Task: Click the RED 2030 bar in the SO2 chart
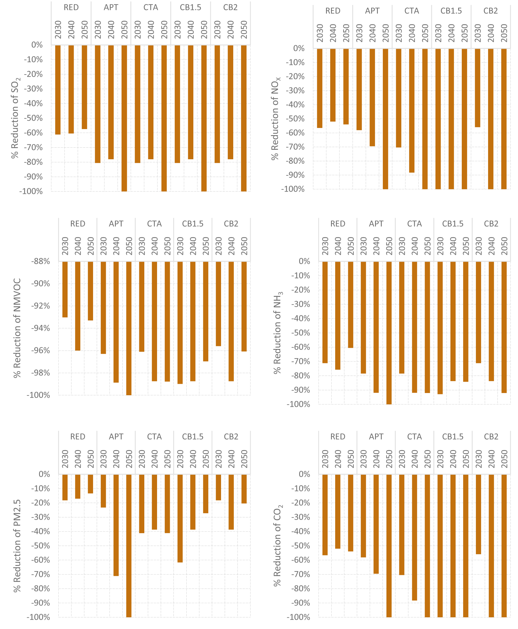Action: point(58,89)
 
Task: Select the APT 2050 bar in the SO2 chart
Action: point(124,118)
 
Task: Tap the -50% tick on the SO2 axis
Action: point(33,118)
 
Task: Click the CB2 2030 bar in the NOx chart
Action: point(478,88)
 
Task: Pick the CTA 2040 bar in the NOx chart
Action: point(412,111)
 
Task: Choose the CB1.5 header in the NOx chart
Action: point(451,11)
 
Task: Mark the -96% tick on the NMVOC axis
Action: point(40,350)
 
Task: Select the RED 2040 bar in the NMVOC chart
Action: point(78,306)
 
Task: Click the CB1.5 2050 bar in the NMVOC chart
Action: point(206,311)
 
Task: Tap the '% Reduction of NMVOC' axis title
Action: point(17,328)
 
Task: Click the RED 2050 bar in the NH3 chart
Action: point(351,305)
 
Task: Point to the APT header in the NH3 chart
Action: point(376,224)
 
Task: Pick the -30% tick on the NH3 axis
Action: point(301,304)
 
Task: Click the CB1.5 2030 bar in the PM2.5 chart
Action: point(180,518)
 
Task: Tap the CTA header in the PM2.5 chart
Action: point(154,437)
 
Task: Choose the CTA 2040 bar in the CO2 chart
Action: point(414,537)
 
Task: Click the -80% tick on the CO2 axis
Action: point(301,588)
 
